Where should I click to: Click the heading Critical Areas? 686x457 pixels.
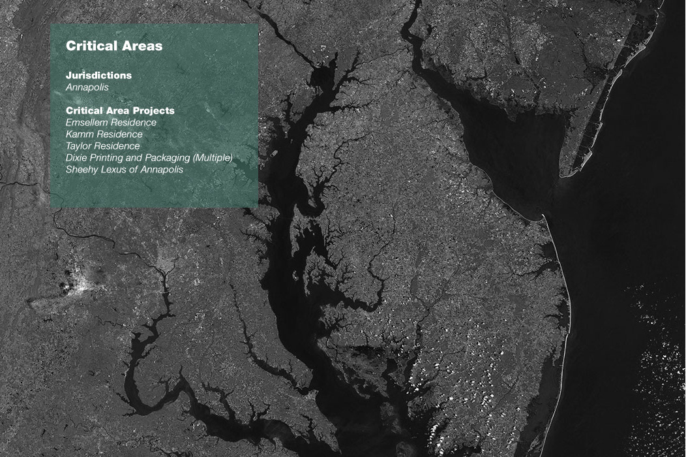[114, 46]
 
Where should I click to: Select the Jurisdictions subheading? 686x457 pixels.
[98, 75]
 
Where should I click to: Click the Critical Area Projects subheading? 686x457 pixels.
[120, 111]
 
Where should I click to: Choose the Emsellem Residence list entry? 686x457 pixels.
[111, 122]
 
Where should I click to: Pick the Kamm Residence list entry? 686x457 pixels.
[104, 134]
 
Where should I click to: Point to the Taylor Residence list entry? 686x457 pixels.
[102, 146]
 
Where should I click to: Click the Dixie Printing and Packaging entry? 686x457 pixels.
[149, 157]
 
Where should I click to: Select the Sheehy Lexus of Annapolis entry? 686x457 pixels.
[124, 169]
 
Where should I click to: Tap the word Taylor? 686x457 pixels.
[79, 146]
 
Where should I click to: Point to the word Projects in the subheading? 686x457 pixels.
[155, 111]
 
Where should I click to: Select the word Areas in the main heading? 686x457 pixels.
[143, 46]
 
